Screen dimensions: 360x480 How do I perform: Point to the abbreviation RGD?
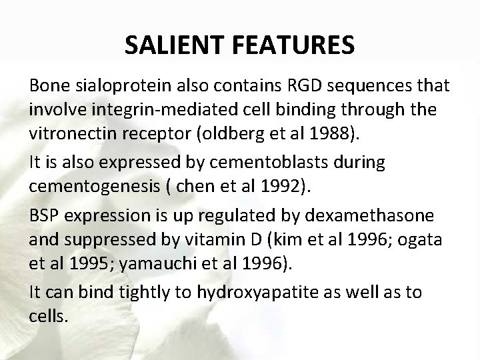306,86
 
